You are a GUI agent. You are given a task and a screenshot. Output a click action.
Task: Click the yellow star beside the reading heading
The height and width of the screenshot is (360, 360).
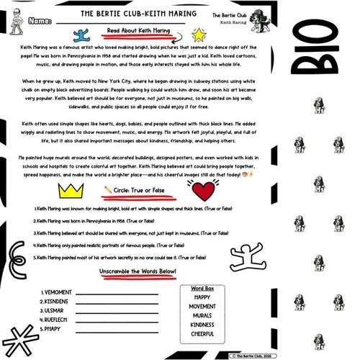coord(199,35)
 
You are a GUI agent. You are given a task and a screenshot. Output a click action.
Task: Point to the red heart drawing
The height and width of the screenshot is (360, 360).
coord(205,192)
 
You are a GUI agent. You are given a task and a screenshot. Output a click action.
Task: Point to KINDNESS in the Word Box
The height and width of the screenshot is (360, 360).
coord(207,325)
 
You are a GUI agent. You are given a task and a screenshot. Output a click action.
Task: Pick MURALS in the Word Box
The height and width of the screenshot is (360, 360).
coord(207,315)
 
